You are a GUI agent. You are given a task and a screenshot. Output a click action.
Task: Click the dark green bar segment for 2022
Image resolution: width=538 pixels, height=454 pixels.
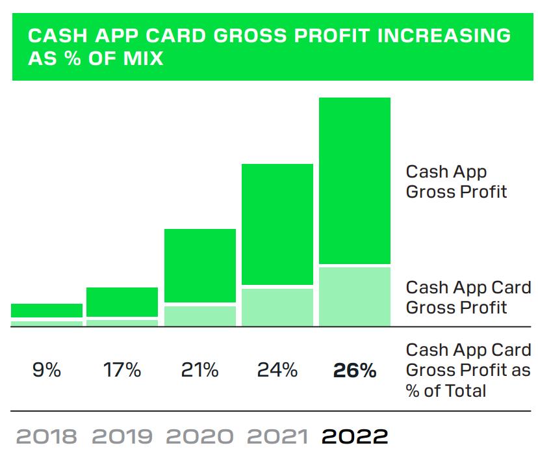354,180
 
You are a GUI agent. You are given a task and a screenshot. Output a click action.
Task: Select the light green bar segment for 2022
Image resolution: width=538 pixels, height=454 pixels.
354,296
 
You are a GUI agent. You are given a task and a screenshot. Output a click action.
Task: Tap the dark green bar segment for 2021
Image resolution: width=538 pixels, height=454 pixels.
277,224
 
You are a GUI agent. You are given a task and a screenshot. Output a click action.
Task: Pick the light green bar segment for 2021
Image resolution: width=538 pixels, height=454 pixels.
277,307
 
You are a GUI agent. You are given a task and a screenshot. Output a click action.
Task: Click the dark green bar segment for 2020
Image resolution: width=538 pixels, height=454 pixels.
199,265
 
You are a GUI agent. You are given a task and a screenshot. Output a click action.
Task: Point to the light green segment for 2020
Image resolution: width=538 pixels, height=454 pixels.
199,315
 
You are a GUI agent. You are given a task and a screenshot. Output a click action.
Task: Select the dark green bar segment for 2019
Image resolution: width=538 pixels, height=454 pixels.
122,302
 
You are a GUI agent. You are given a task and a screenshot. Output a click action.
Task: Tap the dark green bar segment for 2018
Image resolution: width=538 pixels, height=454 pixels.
47,310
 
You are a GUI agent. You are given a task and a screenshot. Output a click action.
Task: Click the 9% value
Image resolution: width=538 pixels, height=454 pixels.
47,370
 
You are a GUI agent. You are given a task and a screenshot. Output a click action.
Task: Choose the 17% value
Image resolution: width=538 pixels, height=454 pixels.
122,370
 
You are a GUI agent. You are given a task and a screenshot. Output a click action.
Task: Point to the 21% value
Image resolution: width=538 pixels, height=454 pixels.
199,370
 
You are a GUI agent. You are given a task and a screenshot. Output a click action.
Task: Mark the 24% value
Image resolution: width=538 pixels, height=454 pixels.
277,370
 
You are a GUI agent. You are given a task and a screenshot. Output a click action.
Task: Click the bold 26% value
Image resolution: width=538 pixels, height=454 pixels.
355,370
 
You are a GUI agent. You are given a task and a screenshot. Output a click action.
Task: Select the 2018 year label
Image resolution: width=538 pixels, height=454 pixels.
47,436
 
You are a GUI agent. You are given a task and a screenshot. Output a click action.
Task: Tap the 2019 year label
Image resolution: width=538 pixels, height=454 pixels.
123,436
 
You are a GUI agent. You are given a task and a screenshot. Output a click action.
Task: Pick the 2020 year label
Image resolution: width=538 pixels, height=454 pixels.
199,436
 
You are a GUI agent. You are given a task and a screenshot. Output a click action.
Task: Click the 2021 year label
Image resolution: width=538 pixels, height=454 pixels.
277,436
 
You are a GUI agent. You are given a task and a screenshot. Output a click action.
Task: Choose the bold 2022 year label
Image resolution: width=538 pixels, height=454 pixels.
355,436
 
